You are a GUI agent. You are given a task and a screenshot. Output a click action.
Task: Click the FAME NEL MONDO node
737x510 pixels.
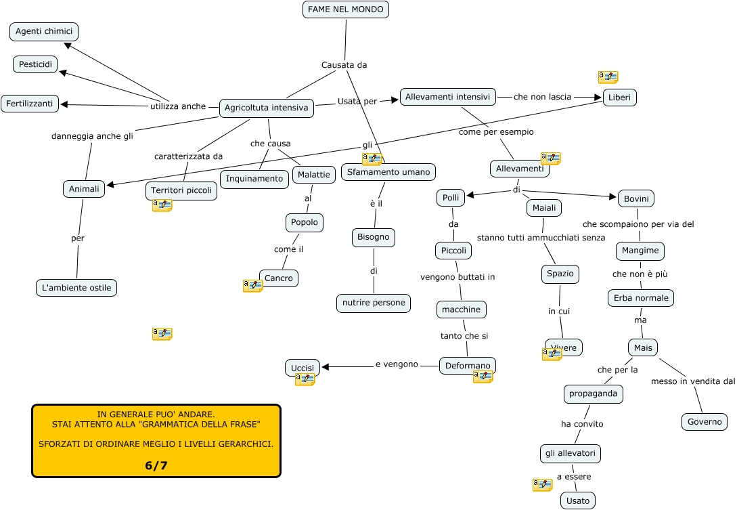click(x=345, y=9)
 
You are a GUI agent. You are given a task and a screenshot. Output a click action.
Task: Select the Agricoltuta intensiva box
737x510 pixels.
click(x=267, y=108)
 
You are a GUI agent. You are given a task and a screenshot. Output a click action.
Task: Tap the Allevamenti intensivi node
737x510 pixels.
click(x=447, y=97)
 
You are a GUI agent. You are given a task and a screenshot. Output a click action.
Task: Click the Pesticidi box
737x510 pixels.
click(x=35, y=64)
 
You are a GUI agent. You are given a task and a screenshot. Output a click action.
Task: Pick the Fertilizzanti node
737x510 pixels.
click(x=30, y=104)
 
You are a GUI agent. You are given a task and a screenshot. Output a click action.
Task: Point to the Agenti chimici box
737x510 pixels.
click(x=44, y=31)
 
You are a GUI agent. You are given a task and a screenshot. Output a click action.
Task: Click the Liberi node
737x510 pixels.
click(x=619, y=98)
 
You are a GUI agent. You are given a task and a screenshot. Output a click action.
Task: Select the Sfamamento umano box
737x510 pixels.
click(x=388, y=172)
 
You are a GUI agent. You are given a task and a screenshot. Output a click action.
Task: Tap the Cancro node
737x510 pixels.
click(x=278, y=278)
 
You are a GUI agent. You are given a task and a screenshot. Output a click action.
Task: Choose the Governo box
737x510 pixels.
click(x=705, y=421)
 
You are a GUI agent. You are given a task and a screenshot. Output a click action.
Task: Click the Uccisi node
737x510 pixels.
click(x=302, y=368)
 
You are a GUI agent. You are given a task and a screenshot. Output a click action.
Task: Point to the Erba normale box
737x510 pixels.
click(x=640, y=298)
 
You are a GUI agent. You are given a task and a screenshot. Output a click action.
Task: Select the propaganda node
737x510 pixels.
click(x=593, y=393)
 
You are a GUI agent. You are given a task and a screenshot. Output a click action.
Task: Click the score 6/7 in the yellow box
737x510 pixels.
click(x=156, y=465)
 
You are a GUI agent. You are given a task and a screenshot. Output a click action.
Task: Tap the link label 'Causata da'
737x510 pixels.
click(x=344, y=65)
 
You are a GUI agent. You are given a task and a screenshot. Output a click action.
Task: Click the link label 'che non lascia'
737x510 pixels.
click(x=542, y=97)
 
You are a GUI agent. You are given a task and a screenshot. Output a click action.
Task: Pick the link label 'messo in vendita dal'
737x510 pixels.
click(x=692, y=381)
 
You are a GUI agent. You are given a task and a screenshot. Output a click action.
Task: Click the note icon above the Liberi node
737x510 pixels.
click(x=608, y=77)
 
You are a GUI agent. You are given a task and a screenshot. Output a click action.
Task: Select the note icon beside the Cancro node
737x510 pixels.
click(x=252, y=286)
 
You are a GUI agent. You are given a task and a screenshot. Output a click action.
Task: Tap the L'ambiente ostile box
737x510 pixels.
click(x=76, y=288)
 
